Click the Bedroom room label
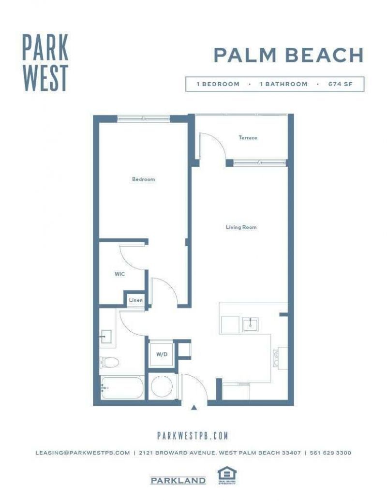click(x=144, y=179)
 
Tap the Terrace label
click(x=248, y=138)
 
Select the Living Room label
click(x=241, y=227)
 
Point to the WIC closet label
click(x=120, y=274)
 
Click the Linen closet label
click(x=135, y=300)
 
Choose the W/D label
click(x=162, y=354)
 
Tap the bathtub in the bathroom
click(x=122, y=388)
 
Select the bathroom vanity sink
click(x=106, y=336)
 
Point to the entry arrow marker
click(x=194, y=408)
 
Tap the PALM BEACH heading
click(x=288, y=55)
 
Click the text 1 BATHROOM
click(x=283, y=84)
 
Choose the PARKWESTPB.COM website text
click(x=193, y=436)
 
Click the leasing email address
click(x=83, y=453)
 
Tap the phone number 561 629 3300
click(x=330, y=453)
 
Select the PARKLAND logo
click(x=178, y=481)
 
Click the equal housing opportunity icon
click(x=224, y=476)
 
